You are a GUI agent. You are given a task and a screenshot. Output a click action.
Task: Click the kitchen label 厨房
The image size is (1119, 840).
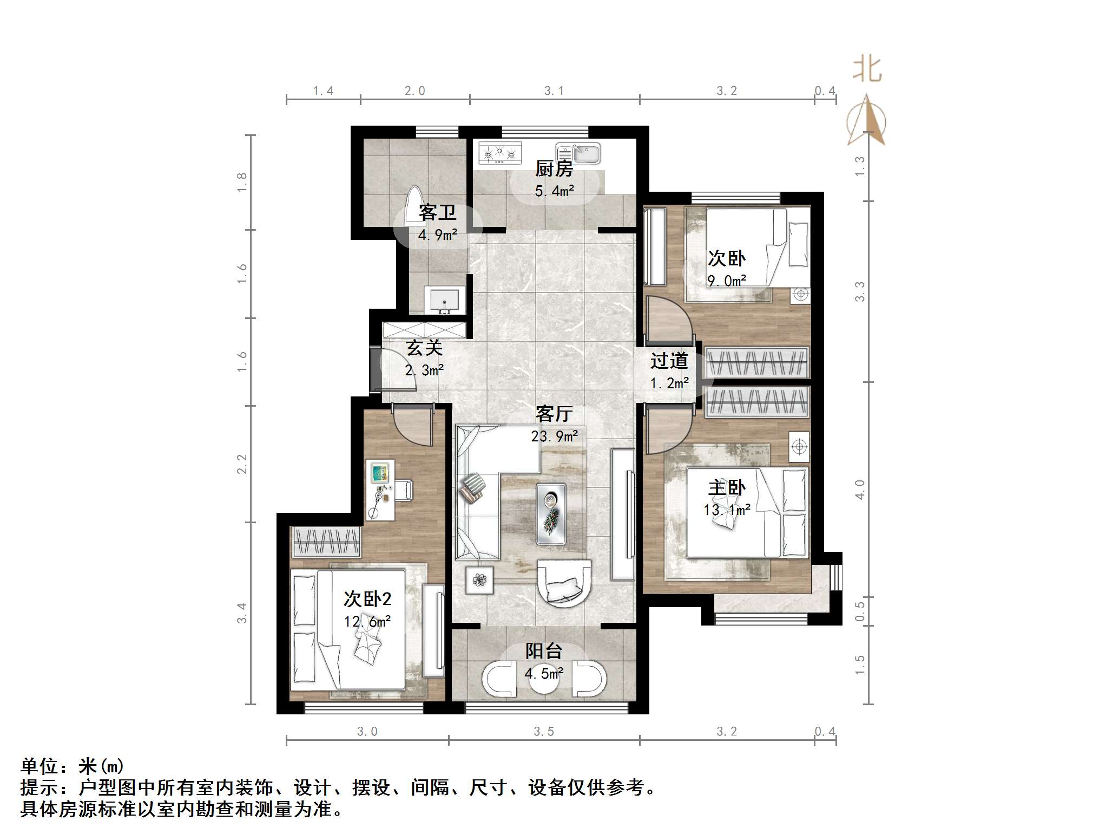554,169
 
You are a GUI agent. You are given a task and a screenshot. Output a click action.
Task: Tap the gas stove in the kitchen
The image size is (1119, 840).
500,153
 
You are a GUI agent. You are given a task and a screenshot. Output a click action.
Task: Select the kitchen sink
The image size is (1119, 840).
579,153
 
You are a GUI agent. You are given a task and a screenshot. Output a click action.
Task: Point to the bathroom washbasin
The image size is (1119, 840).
445,300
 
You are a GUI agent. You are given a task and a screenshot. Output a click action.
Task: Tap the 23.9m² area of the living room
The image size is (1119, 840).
554,436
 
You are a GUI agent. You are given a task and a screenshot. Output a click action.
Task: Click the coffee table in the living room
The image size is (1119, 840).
551,513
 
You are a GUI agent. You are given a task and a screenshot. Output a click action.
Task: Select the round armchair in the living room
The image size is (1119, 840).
563,584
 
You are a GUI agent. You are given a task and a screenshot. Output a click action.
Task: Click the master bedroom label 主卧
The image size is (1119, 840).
727,487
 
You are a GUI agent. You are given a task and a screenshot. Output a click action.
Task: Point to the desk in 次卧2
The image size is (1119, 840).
380,490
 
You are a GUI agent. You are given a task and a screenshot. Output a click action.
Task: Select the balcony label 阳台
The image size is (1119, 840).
544,650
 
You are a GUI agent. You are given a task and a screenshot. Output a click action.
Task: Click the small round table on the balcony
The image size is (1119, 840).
544,681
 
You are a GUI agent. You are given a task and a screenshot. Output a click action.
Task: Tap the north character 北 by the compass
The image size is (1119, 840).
867,70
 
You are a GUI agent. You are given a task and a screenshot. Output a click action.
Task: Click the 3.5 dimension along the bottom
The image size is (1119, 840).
544,732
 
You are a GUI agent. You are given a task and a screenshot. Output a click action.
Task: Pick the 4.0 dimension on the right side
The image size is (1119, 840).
860,489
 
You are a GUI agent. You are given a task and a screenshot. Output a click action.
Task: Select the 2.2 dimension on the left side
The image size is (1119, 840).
242,464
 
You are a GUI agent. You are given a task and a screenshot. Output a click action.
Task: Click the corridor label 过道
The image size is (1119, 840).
669,361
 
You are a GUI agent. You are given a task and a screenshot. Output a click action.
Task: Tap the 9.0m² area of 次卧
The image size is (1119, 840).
727,281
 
